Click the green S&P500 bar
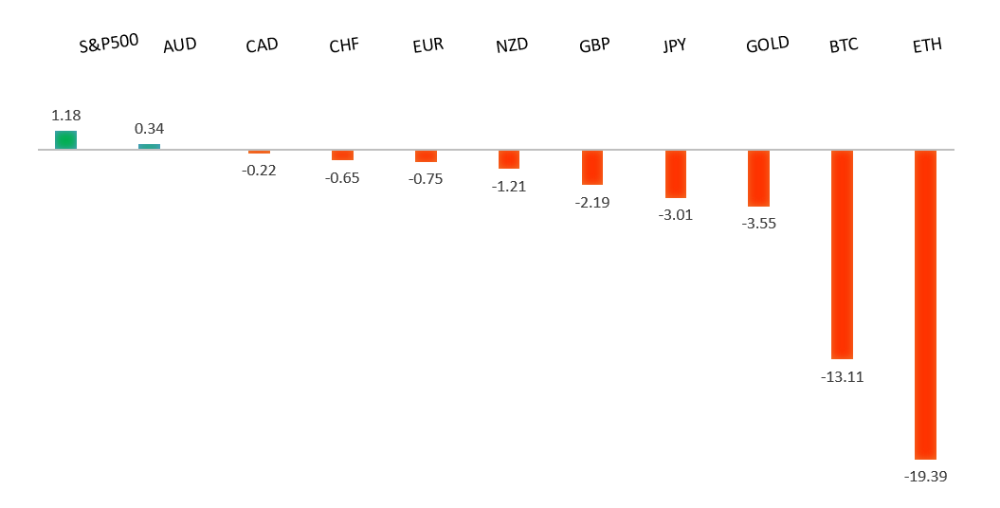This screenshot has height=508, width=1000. pyautogui.click(x=65, y=139)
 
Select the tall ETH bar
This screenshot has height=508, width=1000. pyautogui.click(x=925, y=304)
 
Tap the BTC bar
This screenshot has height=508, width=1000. pyautogui.click(x=842, y=254)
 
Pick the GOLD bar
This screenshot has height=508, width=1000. pyautogui.click(x=758, y=178)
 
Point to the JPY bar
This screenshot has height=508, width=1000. pyautogui.click(x=675, y=173)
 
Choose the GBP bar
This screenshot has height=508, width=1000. pyautogui.click(x=592, y=167)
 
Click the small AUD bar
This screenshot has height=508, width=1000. pyautogui.click(x=149, y=146)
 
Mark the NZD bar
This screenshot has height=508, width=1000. pyautogui.click(x=509, y=159)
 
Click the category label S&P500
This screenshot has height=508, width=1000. pyautogui.click(x=109, y=43)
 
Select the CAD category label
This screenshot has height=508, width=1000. pyautogui.click(x=262, y=45)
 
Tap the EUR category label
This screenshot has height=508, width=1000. pyautogui.click(x=428, y=45)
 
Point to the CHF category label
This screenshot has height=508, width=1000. pyautogui.click(x=344, y=45)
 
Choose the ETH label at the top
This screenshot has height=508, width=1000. pyautogui.click(x=926, y=45)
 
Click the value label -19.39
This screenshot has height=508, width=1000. pyautogui.click(x=926, y=476)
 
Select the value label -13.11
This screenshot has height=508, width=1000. pyautogui.click(x=843, y=376)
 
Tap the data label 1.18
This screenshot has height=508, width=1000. pyautogui.click(x=65, y=115)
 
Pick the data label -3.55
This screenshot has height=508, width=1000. pyautogui.click(x=759, y=224)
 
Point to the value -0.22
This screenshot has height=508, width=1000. pyautogui.click(x=259, y=171)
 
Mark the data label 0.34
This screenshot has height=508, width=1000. pyautogui.click(x=150, y=128)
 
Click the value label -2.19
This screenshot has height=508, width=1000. pyautogui.click(x=592, y=203)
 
